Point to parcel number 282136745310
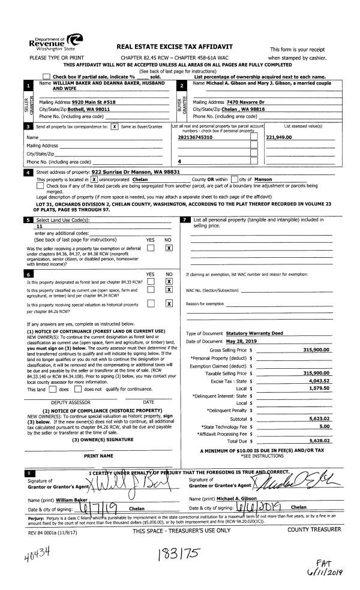196,137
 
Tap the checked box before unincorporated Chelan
94,179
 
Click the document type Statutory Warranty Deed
253,333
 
